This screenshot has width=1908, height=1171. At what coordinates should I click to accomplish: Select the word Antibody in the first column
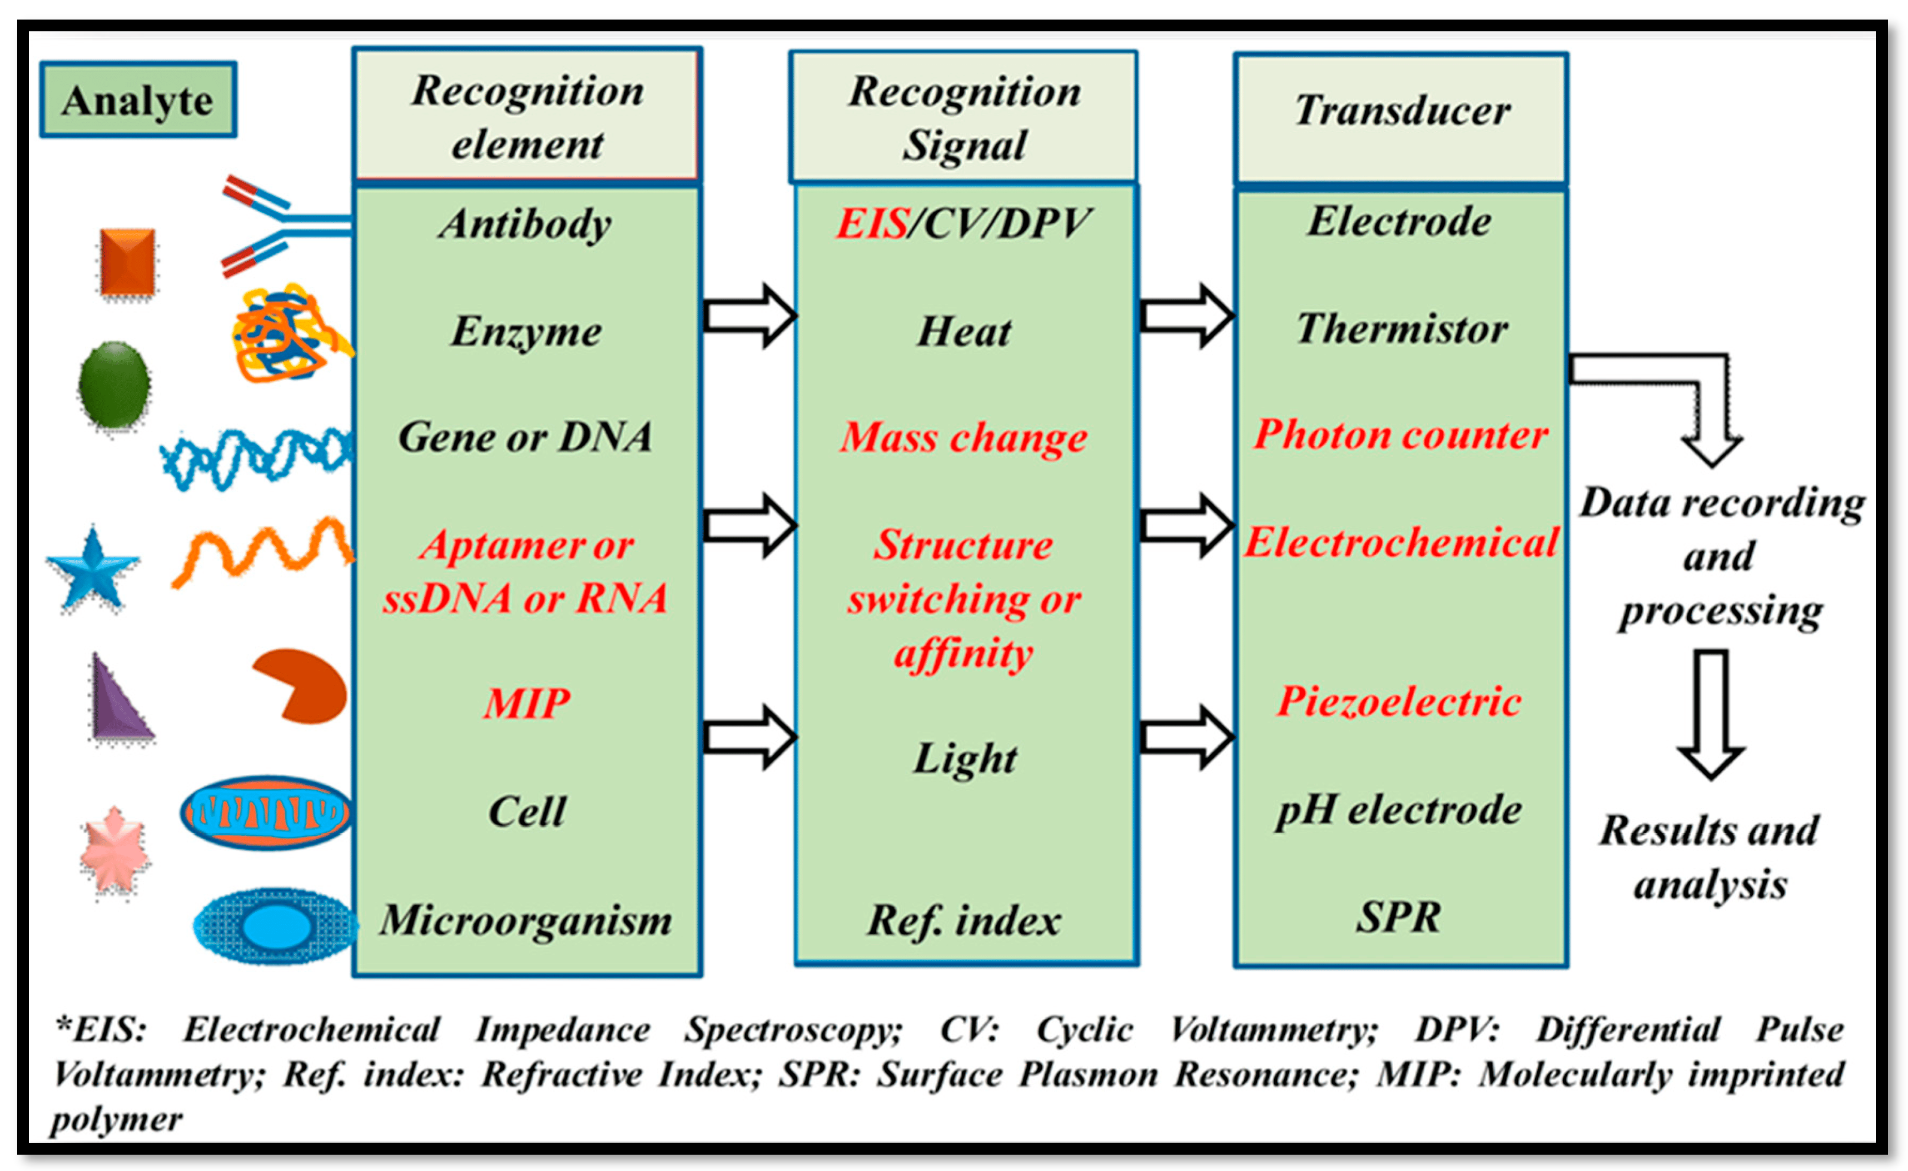[525, 224]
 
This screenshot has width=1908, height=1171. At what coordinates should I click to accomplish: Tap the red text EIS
[872, 224]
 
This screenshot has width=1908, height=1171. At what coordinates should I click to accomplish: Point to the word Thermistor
[1401, 329]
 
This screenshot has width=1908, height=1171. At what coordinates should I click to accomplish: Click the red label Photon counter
[1400, 434]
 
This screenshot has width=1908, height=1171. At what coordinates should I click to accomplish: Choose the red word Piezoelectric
[1398, 702]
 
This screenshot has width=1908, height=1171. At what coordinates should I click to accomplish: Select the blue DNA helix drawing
[255, 457]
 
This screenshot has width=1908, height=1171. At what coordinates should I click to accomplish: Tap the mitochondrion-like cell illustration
[266, 813]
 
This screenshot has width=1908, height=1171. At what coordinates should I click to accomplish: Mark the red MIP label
[527, 703]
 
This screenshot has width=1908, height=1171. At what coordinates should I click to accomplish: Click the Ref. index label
[963, 920]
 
